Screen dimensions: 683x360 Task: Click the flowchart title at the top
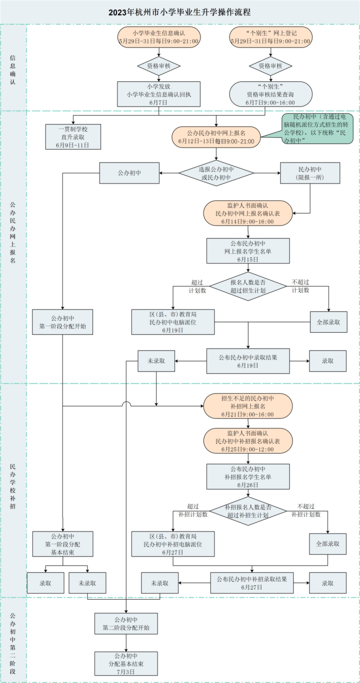179,11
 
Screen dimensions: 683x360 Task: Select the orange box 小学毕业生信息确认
158,37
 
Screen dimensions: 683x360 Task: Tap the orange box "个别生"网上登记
270,37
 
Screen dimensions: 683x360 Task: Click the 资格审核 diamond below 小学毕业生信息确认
158,65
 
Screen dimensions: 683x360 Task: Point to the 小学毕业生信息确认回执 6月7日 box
158,93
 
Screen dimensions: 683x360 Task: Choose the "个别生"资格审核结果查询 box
270,93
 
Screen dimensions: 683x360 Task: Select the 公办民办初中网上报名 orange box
216,137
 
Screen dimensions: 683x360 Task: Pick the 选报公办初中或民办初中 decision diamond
216,173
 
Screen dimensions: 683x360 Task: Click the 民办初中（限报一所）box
310,173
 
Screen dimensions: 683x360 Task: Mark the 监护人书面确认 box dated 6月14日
247,213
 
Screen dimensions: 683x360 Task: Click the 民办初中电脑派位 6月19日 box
172,321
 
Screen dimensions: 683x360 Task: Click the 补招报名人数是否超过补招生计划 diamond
247,510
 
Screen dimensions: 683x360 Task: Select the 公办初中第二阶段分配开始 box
126,623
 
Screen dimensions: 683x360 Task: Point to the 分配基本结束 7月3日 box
126,663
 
